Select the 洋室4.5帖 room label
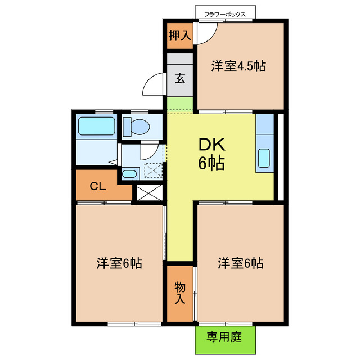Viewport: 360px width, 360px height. (x=238, y=66)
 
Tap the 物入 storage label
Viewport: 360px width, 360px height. (x=179, y=292)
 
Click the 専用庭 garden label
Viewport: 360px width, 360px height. (x=224, y=337)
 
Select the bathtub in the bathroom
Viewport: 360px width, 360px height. (x=96, y=126)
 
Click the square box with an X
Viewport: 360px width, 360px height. (x=147, y=192)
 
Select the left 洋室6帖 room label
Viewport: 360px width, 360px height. (x=119, y=263)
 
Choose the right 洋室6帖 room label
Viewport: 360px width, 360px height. (x=241, y=263)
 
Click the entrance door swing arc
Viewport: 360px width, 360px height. (x=154, y=85)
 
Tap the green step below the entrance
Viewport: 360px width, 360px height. (x=180, y=105)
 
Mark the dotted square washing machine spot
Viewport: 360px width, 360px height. (x=152, y=169)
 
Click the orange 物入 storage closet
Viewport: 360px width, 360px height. (x=179, y=292)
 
